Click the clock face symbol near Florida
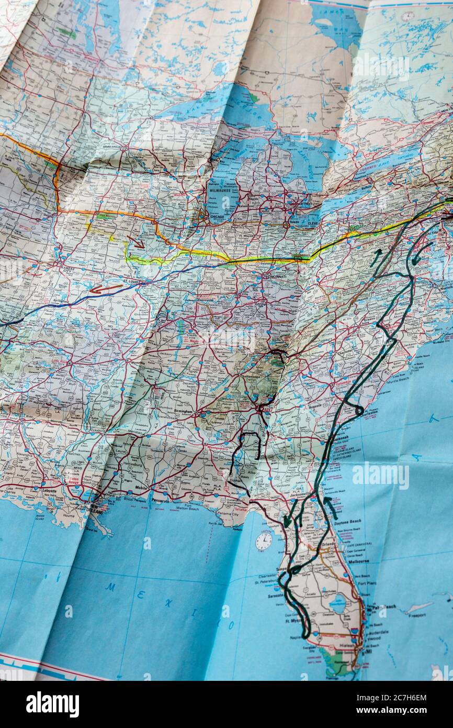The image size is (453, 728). [264, 541]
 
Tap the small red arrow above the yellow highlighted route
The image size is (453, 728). [136, 242]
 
